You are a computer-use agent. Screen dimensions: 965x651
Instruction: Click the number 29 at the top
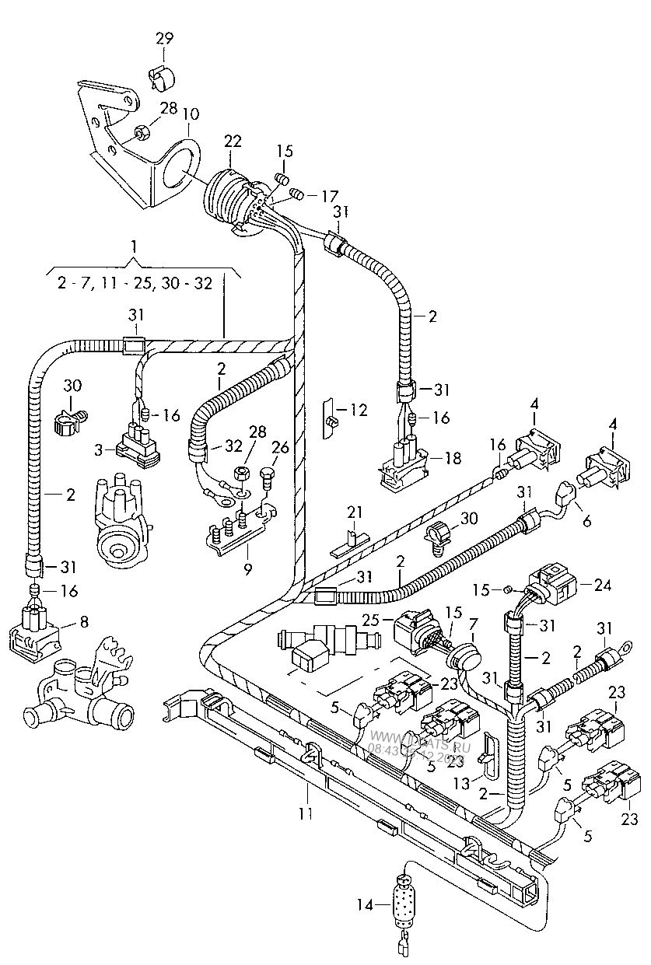click(164, 38)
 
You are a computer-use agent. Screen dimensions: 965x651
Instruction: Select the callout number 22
click(233, 141)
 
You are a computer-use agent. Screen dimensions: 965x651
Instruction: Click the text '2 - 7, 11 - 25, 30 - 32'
click(135, 285)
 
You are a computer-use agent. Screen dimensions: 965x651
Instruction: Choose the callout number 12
click(359, 410)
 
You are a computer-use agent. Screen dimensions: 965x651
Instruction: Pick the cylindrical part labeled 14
click(404, 904)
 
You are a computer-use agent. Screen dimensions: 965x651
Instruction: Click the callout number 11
click(306, 813)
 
